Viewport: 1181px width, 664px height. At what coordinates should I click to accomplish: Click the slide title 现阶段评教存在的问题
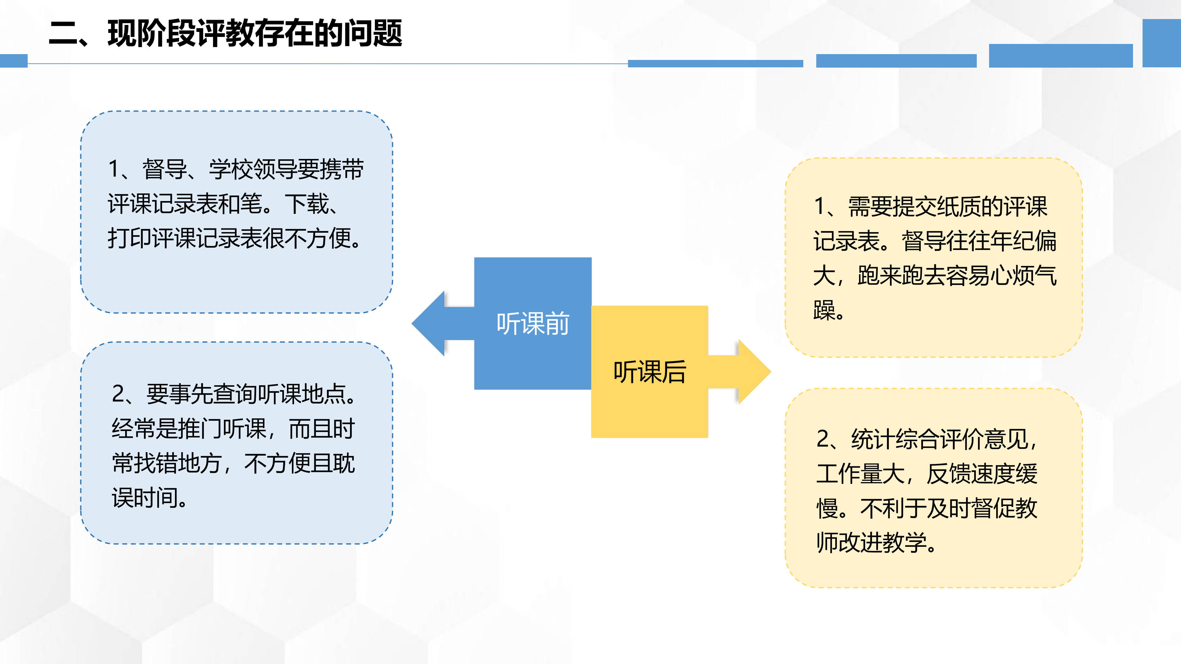pyautogui.click(x=254, y=33)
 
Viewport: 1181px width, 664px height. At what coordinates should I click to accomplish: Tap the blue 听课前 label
pyautogui.click(x=533, y=323)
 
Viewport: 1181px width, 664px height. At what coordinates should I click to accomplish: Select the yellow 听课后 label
pyautogui.click(x=650, y=372)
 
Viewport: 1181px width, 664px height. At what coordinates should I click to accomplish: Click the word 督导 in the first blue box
pyautogui.click(x=164, y=169)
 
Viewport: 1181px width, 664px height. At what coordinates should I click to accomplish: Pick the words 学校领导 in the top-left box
pyautogui.click(x=253, y=169)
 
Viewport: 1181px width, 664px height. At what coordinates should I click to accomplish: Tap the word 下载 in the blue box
pyautogui.click(x=307, y=204)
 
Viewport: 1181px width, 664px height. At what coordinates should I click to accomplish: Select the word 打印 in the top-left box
pyautogui.click(x=130, y=238)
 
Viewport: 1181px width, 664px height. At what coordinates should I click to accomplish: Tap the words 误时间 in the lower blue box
pyautogui.click(x=145, y=498)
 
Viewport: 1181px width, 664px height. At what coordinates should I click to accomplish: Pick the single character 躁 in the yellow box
pyautogui.click(x=824, y=310)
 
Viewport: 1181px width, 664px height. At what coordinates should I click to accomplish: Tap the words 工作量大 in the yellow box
pyautogui.click(x=861, y=473)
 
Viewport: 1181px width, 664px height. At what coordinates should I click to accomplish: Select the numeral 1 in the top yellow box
pyautogui.click(x=820, y=206)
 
